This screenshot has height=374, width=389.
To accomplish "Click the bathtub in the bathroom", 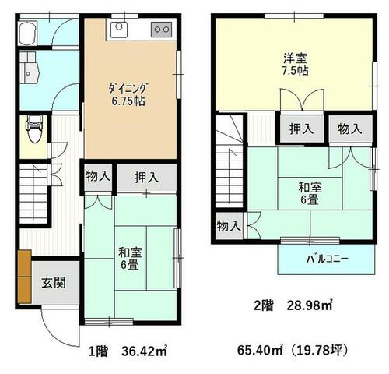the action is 28,33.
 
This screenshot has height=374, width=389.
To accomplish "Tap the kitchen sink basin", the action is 119,30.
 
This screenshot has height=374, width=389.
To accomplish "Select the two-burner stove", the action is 161,30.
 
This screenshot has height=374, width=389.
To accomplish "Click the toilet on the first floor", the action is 34,129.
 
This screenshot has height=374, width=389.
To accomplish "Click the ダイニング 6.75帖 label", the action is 128,94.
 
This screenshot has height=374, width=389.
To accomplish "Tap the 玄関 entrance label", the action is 54,282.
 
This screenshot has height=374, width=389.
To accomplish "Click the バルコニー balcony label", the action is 327,259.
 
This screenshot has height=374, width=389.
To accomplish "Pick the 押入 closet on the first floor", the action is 147,178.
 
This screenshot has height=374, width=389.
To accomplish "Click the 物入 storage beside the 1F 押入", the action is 98,177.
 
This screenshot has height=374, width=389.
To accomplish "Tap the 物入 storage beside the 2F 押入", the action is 350,129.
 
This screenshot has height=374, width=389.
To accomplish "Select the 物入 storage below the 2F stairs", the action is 230,226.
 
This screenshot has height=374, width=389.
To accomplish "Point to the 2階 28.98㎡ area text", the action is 293,305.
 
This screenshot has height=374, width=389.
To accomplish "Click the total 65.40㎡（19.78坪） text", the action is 293,351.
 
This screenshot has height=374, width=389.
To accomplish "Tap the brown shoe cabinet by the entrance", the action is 25,277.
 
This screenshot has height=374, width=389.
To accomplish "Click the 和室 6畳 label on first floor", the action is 130,259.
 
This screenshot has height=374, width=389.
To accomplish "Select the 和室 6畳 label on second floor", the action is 310,193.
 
